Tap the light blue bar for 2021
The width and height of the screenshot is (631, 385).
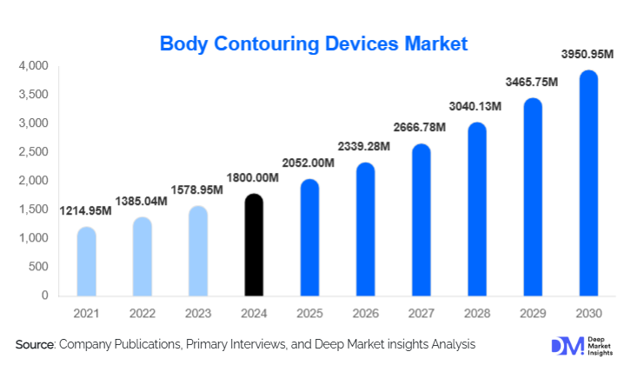tap(86, 262)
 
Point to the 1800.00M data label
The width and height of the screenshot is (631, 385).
tap(253, 178)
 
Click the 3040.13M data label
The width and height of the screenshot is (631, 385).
tap(477, 107)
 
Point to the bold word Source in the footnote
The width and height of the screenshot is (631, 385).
tap(35, 345)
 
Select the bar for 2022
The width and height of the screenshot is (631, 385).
tap(142, 256)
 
